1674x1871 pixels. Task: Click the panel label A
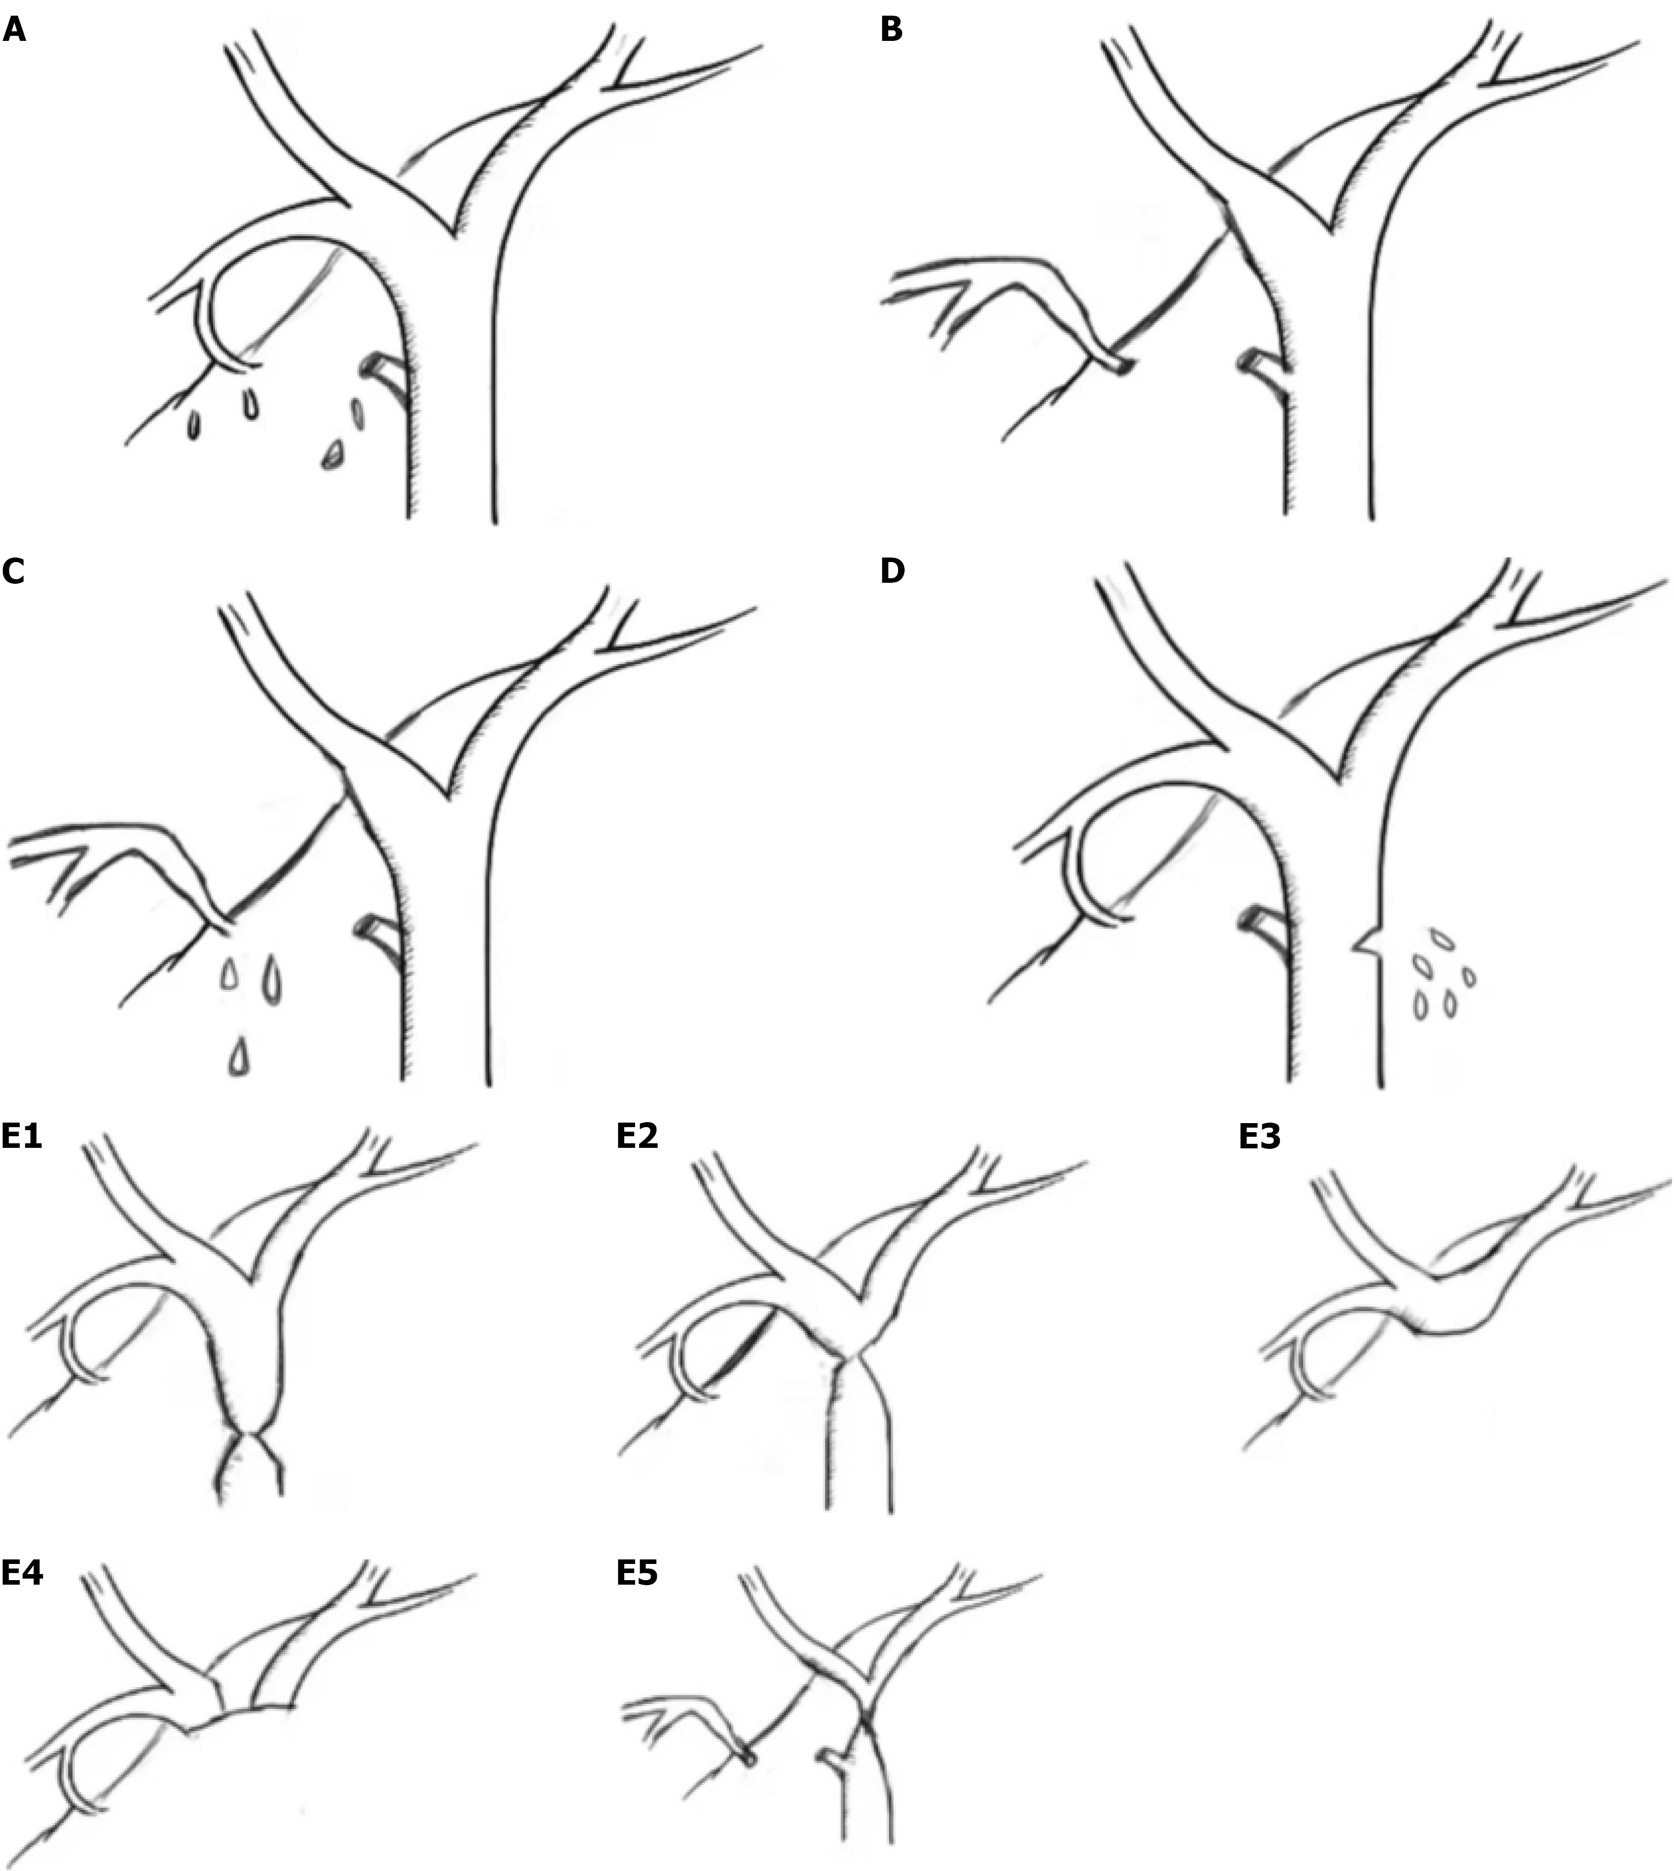point(15,30)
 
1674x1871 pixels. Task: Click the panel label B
point(891,30)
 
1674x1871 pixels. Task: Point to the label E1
point(22,1137)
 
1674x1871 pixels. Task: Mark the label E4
point(22,1573)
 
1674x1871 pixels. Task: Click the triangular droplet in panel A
point(333,456)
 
